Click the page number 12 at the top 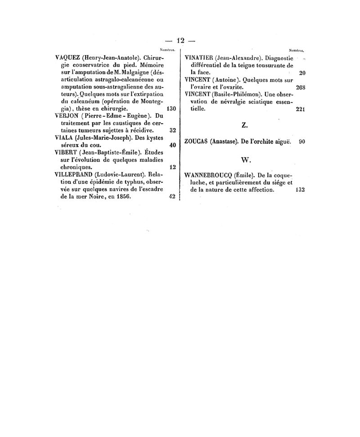(181, 40)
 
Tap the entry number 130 (171, 109)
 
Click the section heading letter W (245, 160)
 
